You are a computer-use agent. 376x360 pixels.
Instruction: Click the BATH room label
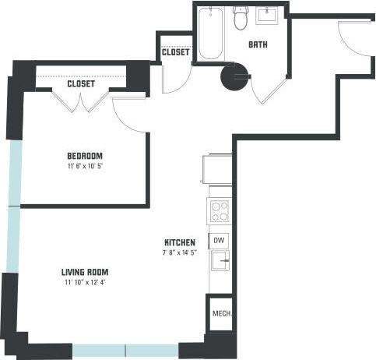point(258,45)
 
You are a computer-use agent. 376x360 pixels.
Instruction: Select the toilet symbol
point(241,18)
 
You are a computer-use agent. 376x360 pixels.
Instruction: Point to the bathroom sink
point(272,15)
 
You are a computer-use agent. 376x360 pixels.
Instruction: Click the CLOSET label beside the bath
point(176,53)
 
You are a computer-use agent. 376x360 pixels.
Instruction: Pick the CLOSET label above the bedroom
point(81,83)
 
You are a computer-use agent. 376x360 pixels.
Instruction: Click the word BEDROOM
point(84,156)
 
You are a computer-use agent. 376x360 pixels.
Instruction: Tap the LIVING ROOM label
point(85,272)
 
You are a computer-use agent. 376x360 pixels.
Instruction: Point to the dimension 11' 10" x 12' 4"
point(85,283)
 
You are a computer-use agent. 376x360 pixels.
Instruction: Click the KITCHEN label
point(179,242)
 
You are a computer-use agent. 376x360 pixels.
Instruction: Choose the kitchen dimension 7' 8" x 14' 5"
point(179,252)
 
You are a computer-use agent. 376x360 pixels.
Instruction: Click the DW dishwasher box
point(220,241)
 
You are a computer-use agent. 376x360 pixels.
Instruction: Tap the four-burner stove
point(220,211)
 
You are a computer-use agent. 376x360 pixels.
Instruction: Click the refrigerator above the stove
point(217,169)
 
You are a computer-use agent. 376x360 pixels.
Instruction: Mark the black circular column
point(233,77)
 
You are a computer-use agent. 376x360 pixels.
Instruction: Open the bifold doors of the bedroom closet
point(82,101)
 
